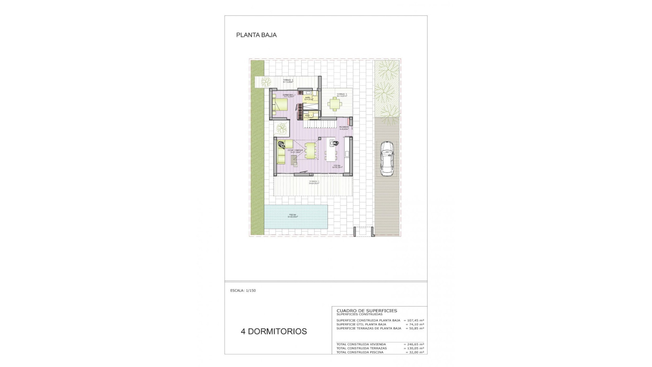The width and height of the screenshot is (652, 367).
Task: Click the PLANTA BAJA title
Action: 256,35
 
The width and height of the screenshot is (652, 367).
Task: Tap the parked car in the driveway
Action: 386,159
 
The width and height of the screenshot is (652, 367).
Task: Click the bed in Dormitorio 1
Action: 280,105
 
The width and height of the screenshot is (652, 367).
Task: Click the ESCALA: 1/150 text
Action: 243,291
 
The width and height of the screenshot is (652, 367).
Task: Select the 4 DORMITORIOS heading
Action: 274,331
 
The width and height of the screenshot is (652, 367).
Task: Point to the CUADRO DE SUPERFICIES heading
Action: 367,311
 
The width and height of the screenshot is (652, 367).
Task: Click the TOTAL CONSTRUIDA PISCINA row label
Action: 360,352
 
